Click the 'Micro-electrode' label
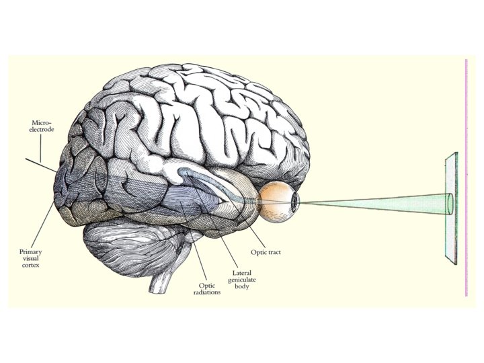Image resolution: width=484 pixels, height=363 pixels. click(x=42, y=126)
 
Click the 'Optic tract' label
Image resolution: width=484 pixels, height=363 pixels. click(x=266, y=252)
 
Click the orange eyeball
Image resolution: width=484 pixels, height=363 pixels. click(x=277, y=201)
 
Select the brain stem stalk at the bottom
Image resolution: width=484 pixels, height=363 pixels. click(x=159, y=283)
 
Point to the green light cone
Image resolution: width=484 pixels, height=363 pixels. click(x=376, y=201)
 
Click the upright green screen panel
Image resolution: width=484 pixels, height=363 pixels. click(x=450, y=208)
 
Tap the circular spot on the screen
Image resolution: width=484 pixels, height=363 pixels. click(x=450, y=203)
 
